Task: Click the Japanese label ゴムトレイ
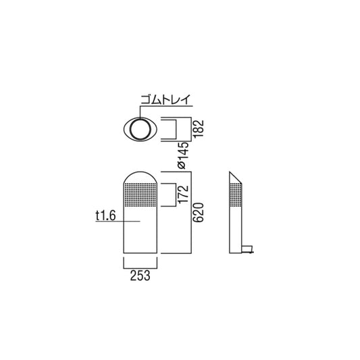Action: tap(165, 101)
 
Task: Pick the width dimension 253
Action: tap(140, 276)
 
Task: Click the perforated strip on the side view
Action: tap(234, 200)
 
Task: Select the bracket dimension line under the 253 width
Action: tap(140, 265)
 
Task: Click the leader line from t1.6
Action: tap(128, 220)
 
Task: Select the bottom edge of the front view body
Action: tap(140, 253)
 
